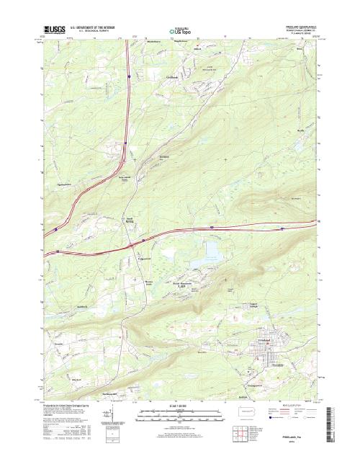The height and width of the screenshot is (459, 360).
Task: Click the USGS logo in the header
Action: (53, 31)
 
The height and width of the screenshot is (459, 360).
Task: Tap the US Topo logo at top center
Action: (180, 32)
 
